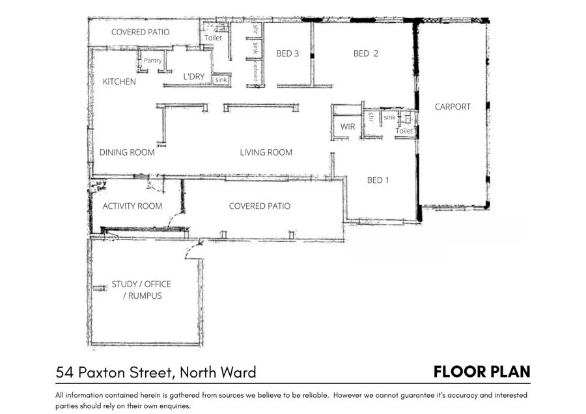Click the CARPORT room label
point(453,107)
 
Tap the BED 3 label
point(288,53)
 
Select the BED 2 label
point(365,53)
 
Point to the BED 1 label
point(378,180)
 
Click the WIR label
point(348,126)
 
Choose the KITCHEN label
point(119,82)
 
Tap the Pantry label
point(153,61)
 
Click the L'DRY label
point(194,77)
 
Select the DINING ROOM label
point(127,152)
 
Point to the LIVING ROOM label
point(266,152)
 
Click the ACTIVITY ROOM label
point(132,206)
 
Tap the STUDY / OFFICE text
point(141,284)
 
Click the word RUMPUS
point(143,296)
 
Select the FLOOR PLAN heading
point(482,372)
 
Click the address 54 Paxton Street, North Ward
point(156,372)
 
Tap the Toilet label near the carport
point(404,131)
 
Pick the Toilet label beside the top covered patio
point(213,38)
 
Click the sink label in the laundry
point(221,79)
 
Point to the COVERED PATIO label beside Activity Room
point(259,206)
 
